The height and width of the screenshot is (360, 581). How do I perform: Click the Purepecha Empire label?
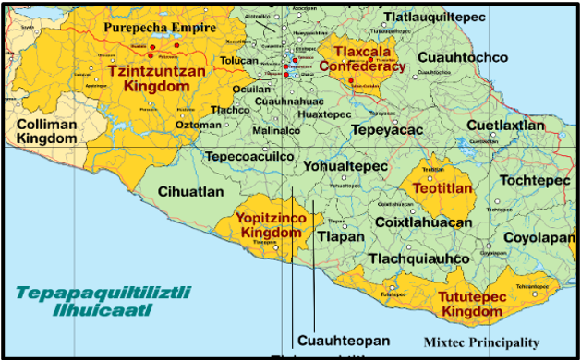pos(160,29)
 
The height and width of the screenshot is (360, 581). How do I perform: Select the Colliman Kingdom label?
pos(47,130)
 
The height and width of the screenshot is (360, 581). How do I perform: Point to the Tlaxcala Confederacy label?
pos(362,58)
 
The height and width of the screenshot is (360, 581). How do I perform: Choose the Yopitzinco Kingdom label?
pos(271,225)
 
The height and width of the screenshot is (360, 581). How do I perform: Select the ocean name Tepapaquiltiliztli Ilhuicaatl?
pos(103,301)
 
